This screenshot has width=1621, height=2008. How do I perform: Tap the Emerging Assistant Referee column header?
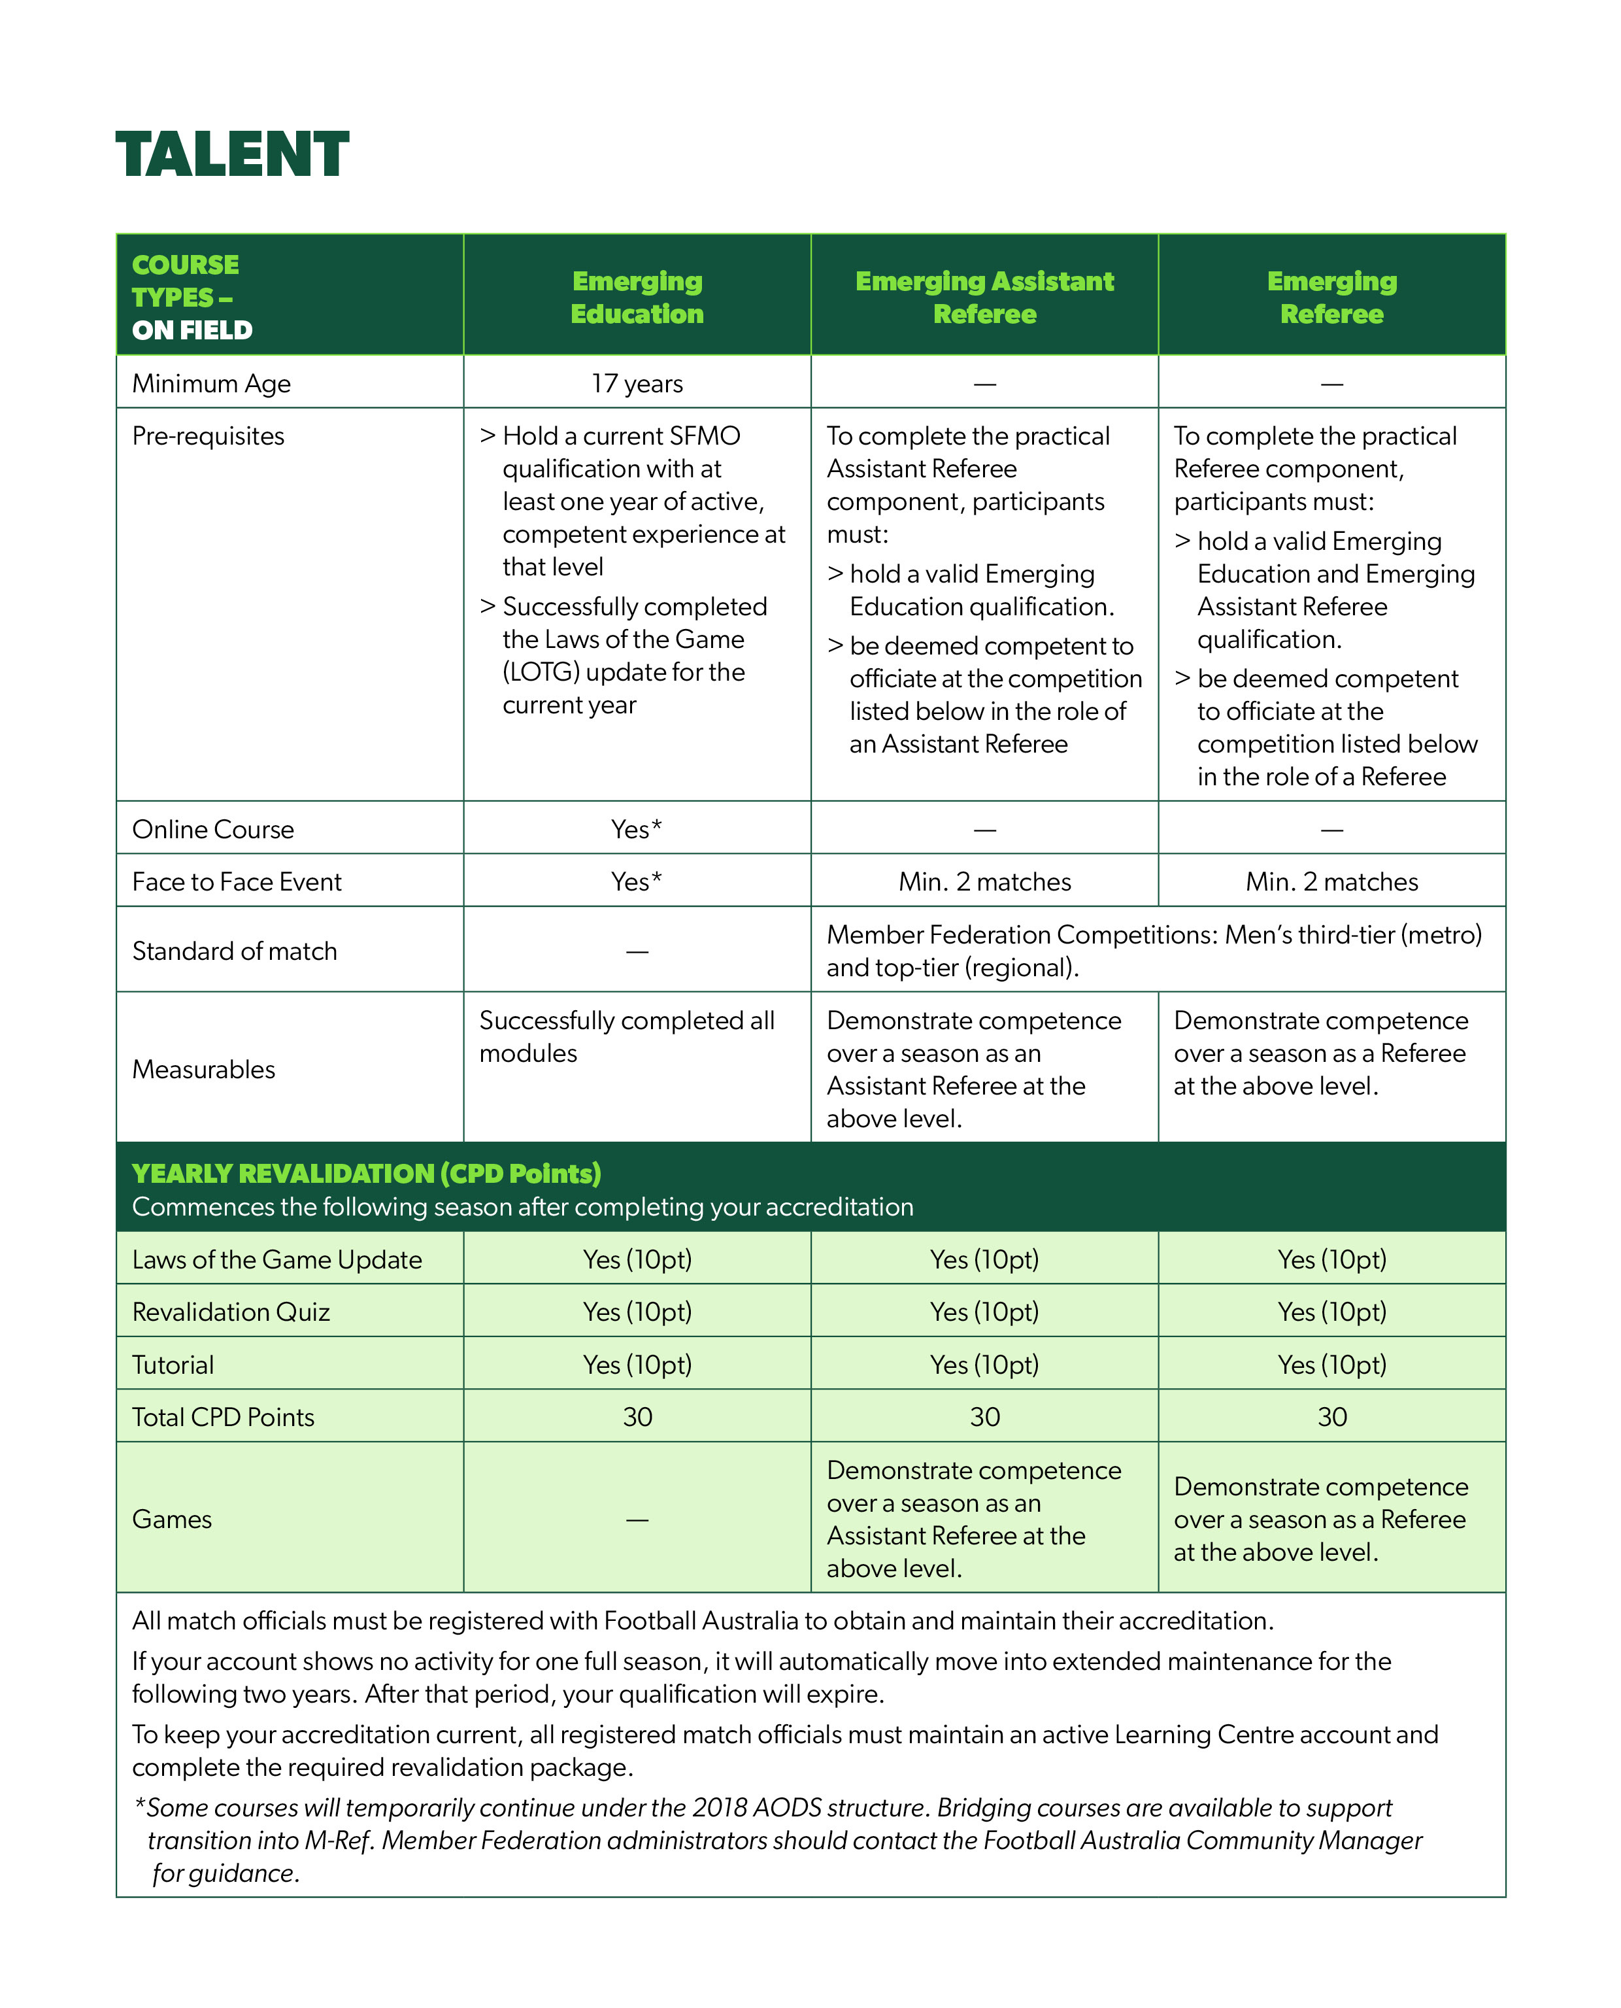[x=984, y=297]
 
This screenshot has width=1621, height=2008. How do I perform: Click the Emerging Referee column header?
[x=1331, y=297]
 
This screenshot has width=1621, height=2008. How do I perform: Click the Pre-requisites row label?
[x=209, y=436]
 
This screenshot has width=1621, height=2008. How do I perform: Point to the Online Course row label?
[x=213, y=829]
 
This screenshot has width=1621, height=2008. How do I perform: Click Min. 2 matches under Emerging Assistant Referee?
[x=984, y=881]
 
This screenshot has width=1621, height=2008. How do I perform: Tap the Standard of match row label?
[x=235, y=951]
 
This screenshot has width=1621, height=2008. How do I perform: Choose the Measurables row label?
[x=203, y=1069]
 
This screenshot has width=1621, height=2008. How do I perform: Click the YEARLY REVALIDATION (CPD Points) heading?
[x=366, y=1173]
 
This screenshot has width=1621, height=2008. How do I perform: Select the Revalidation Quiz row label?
[x=231, y=1312]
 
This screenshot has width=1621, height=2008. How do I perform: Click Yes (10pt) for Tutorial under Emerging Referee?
[x=1331, y=1365]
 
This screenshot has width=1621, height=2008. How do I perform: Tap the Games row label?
[x=172, y=1519]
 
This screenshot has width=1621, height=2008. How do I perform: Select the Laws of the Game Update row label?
[x=276, y=1260]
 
